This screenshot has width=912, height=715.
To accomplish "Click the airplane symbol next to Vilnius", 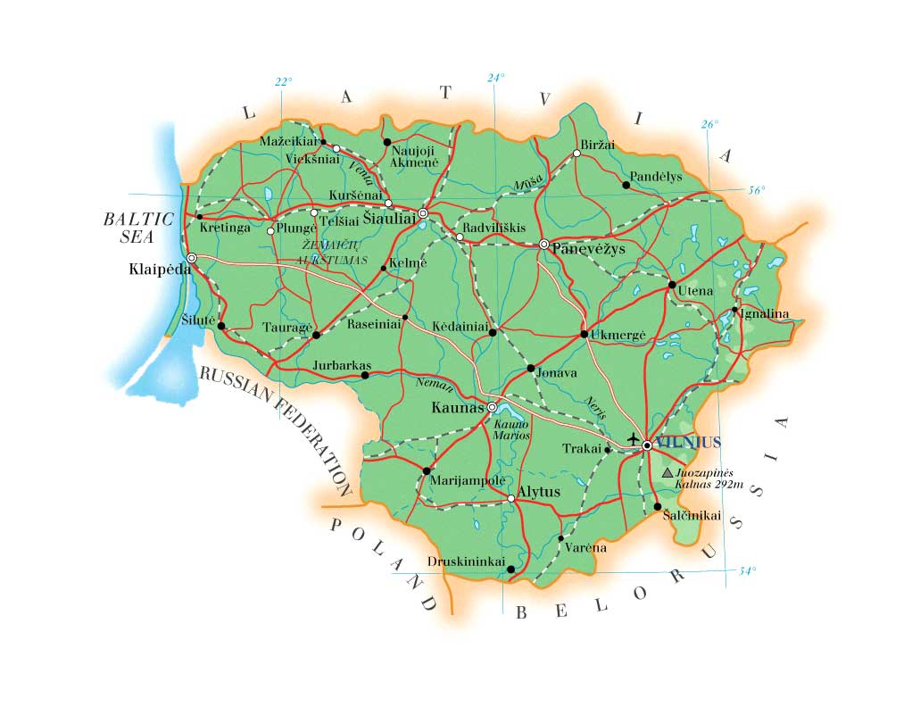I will pyautogui.click(x=634, y=439).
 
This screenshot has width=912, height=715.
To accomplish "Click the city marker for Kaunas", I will pyautogui.click(x=492, y=407).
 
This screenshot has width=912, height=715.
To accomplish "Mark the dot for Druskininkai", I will pyautogui.click(x=510, y=569).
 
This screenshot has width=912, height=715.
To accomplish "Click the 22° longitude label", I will pyautogui.click(x=284, y=82).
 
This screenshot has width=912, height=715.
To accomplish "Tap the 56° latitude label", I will pyautogui.click(x=756, y=190).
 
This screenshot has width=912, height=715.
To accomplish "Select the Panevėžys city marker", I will pyautogui.click(x=543, y=244).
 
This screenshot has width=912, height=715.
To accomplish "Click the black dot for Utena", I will pyautogui.click(x=672, y=285).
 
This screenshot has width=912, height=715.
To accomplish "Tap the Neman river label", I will pyautogui.click(x=435, y=386).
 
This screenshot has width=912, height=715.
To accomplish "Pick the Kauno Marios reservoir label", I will pyautogui.click(x=511, y=430).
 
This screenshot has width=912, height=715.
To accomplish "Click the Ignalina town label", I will pyautogui.click(x=764, y=313).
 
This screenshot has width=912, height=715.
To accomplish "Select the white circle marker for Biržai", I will pyautogui.click(x=576, y=153).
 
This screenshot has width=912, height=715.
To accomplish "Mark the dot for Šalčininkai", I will pyautogui.click(x=658, y=506).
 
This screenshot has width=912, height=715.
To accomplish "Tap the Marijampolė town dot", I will pyautogui.click(x=426, y=470).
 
